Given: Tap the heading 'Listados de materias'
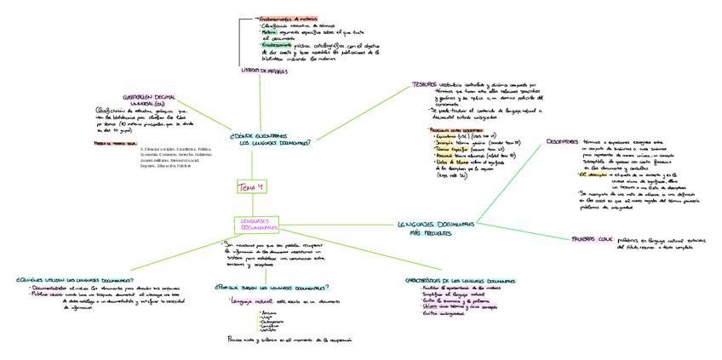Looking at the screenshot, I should tap(265, 71).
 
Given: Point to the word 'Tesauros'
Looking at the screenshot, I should tap(424, 85).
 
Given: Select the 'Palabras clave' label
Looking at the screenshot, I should tap(593, 239).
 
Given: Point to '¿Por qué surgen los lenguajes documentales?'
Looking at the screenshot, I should tap(272, 287).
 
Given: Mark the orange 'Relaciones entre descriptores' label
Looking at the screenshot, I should tap(454, 129).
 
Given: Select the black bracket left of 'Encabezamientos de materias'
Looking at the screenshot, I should tap(242, 41).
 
